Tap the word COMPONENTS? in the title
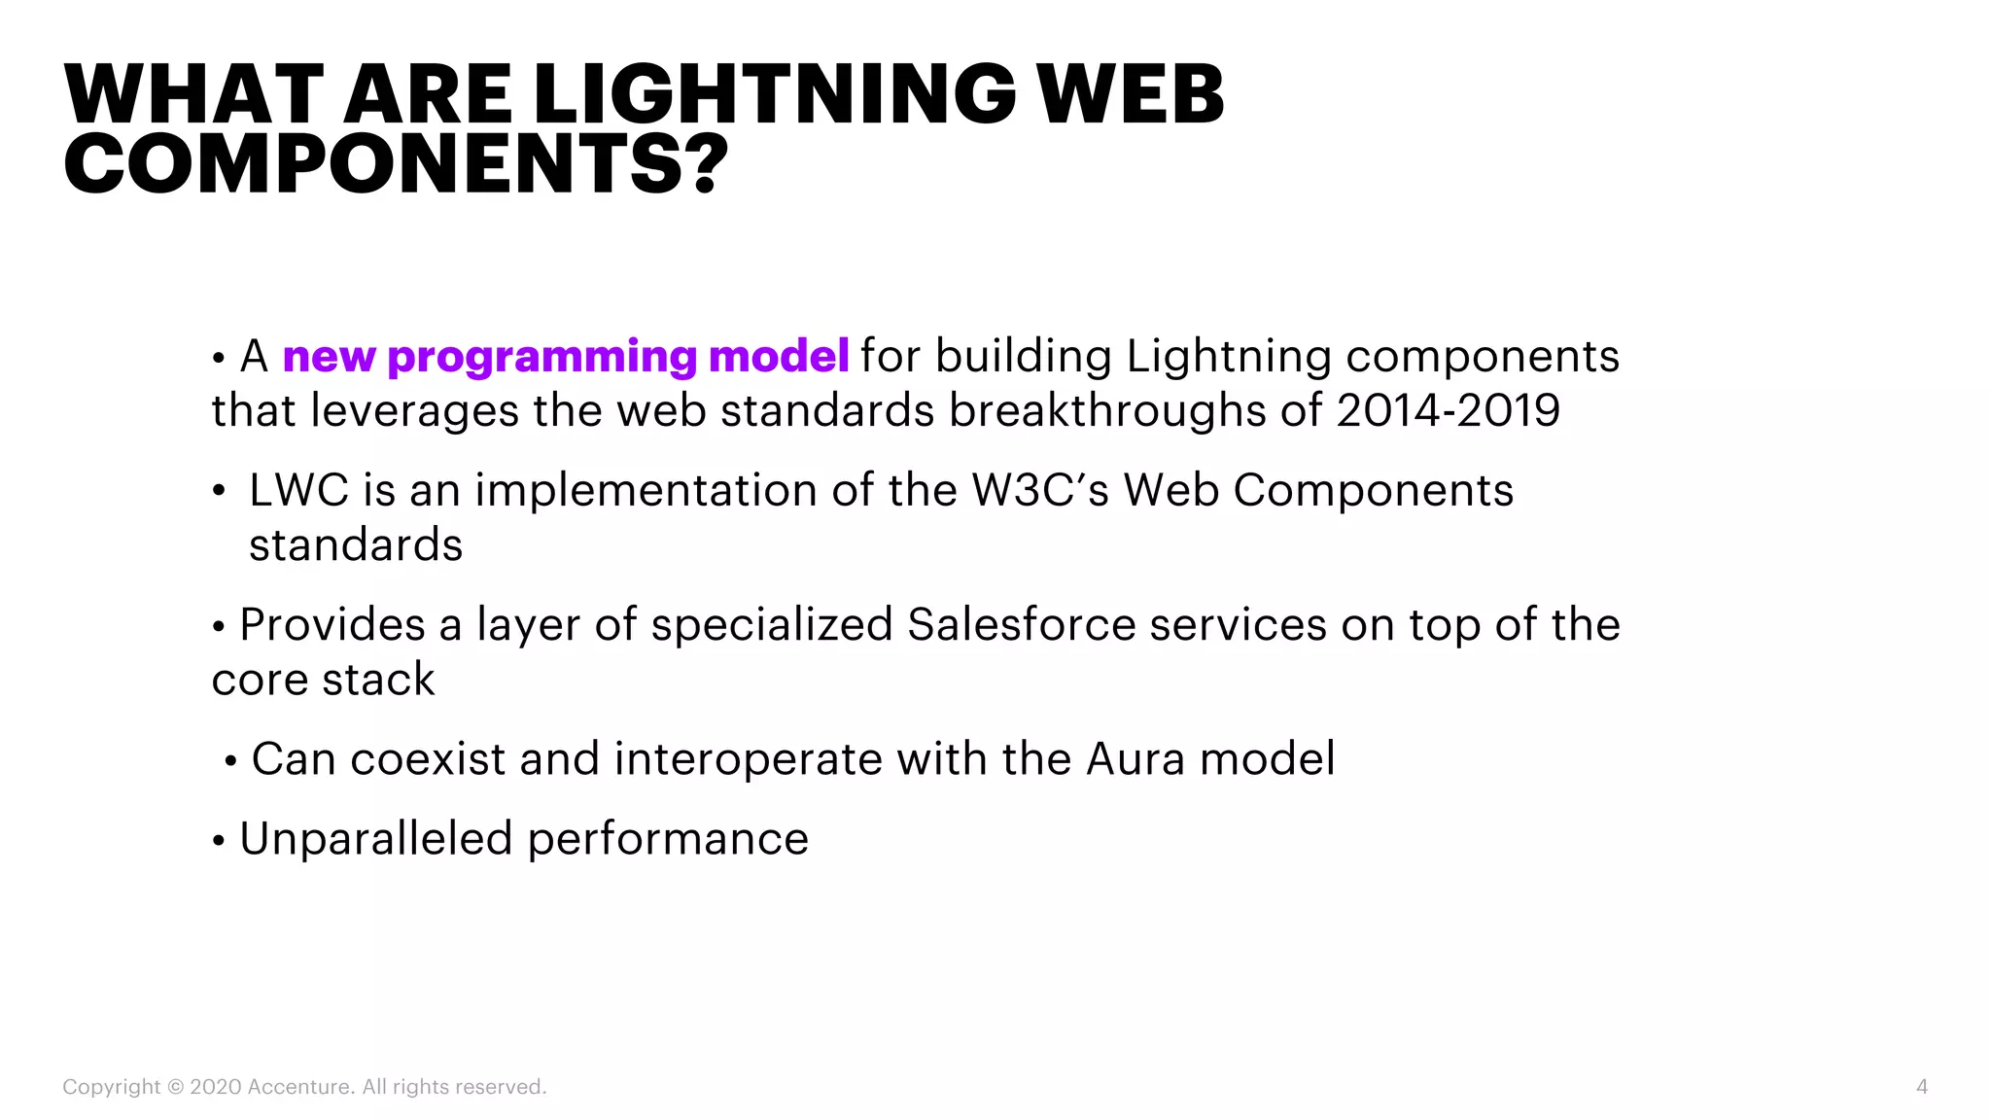click(x=396, y=164)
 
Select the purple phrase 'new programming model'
click(x=566, y=356)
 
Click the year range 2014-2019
click(x=1448, y=410)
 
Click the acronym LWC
click(x=298, y=490)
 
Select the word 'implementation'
click(x=646, y=490)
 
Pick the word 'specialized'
click(x=772, y=624)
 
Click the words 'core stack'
click(x=323, y=679)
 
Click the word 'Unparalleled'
click(x=375, y=839)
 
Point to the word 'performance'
click(x=668, y=839)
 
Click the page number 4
click(x=1921, y=1087)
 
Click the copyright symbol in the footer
click(x=175, y=1087)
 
